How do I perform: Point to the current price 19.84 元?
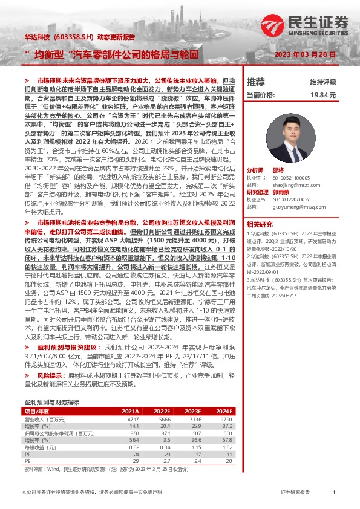tap(322, 96)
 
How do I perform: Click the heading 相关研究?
tap(259, 223)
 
